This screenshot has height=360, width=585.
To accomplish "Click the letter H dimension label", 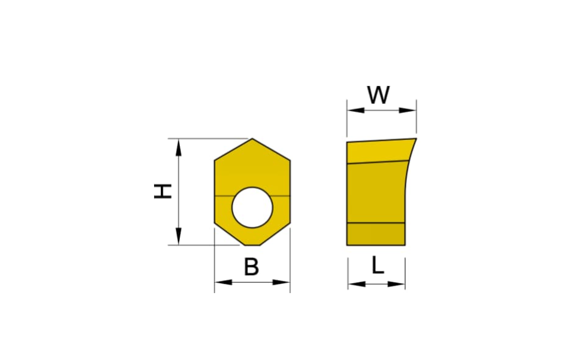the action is pos(163,191).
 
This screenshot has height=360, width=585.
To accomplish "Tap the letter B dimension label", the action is pos(252,267).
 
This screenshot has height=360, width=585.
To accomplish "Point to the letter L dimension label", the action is pos(378,265).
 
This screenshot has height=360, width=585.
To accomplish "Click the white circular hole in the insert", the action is pos(252,207).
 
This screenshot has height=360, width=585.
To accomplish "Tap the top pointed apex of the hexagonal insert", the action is pos(252,139).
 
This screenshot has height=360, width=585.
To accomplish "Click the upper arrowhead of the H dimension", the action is pos(179,147).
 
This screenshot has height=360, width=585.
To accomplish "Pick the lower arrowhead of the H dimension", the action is pos(179,237).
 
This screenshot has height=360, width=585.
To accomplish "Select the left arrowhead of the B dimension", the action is pos(223,283).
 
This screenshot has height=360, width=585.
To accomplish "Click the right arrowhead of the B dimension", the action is pos(282,283).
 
